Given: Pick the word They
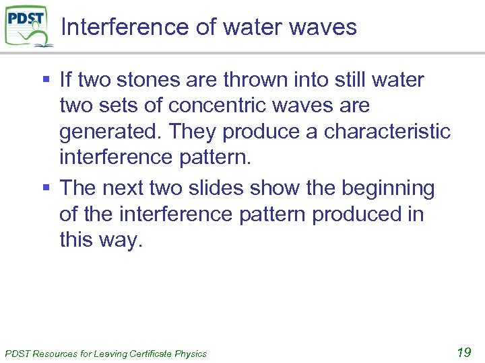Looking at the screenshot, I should (x=193, y=131).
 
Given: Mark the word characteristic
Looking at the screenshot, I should (x=387, y=131).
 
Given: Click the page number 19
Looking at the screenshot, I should (x=463, y=352).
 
